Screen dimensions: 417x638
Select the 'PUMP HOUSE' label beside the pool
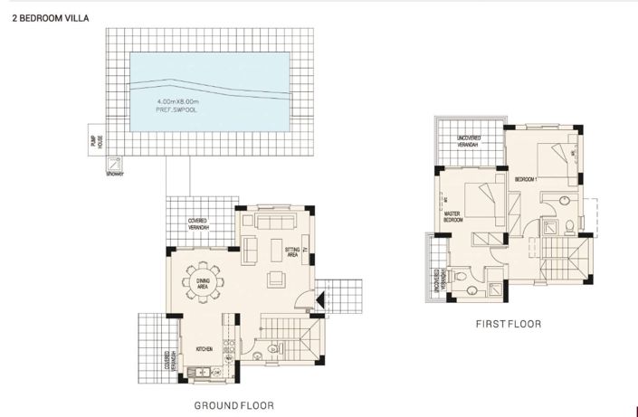pos(93,140)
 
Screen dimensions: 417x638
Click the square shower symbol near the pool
pos(115,164)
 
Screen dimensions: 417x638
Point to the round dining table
pos(204,279)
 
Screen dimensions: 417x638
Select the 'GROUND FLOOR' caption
pos(233,405)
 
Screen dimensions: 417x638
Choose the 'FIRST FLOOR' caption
pos(508,323)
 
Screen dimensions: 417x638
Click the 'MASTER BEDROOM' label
pos(453,216)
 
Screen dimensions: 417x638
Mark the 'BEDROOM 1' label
pos(526,180)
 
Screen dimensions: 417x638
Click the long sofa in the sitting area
pos(276,222)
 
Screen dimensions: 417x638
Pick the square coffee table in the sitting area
pos(274,279)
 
